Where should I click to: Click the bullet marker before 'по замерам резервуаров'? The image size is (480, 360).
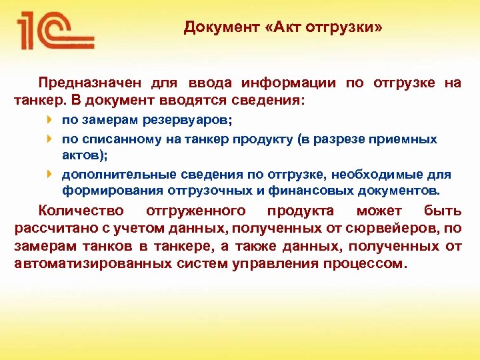coord(51,121)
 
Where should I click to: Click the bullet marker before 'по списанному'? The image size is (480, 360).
coord(51,139)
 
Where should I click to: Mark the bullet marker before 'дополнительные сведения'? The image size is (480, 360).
coord(51,174)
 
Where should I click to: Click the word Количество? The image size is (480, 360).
coord(81,211)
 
